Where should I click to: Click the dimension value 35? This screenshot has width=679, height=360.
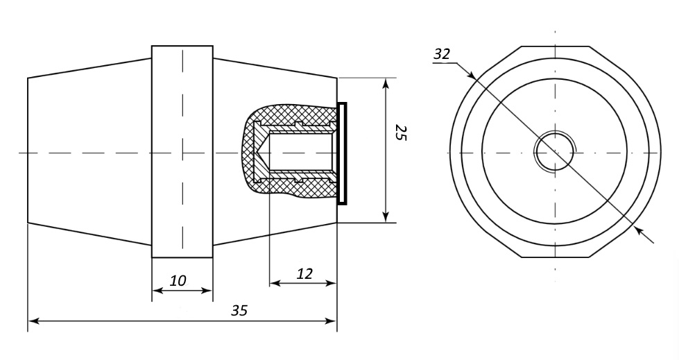pos(239,310)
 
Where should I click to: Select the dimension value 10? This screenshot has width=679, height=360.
pos(178,280)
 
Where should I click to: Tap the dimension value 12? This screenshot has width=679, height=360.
pos(304,273)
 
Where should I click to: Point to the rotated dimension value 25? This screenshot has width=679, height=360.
pos(400,132)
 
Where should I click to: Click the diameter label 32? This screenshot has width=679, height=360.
pos(441,54)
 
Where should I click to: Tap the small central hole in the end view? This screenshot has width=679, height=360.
pos(554,151)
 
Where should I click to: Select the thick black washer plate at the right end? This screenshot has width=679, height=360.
pos(341,153)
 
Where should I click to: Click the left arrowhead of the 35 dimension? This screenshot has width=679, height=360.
pos(33,321)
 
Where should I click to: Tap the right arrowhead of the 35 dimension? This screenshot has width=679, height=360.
pos(332,321)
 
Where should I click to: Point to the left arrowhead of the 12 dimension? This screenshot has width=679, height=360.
pos(274,283)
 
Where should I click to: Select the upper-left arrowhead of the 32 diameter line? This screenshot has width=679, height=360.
pos(471,74)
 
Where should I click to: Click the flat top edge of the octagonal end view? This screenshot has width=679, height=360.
pos(555,46)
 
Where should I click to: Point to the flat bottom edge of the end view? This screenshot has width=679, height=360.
pos(555,257)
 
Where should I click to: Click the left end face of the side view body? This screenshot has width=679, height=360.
pos(28,151)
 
